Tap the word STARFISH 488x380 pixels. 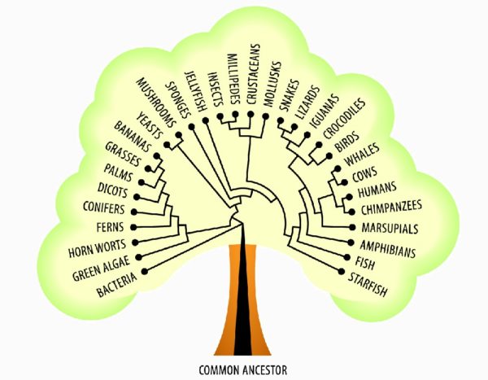pos(369,283)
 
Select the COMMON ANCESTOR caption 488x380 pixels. pos(243,369)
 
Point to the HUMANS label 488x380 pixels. pos(377,193)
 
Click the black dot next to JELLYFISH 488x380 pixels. pos(206,121)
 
